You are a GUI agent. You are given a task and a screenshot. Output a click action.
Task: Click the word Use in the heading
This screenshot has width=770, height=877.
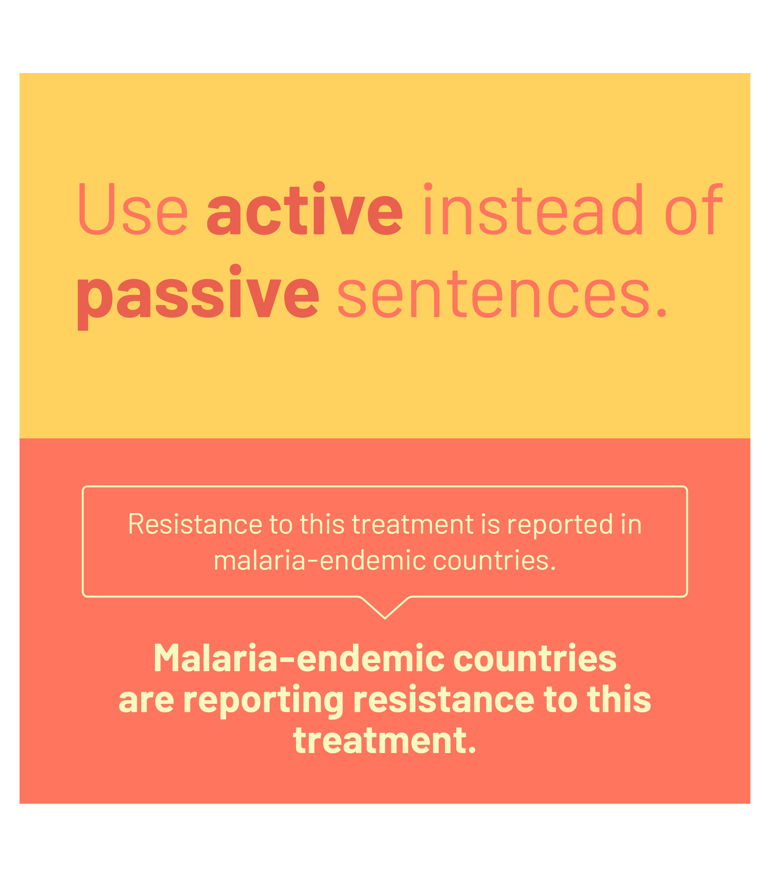pos(133,209)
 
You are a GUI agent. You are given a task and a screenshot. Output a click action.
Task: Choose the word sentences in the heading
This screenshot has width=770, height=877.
pos(502,294)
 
